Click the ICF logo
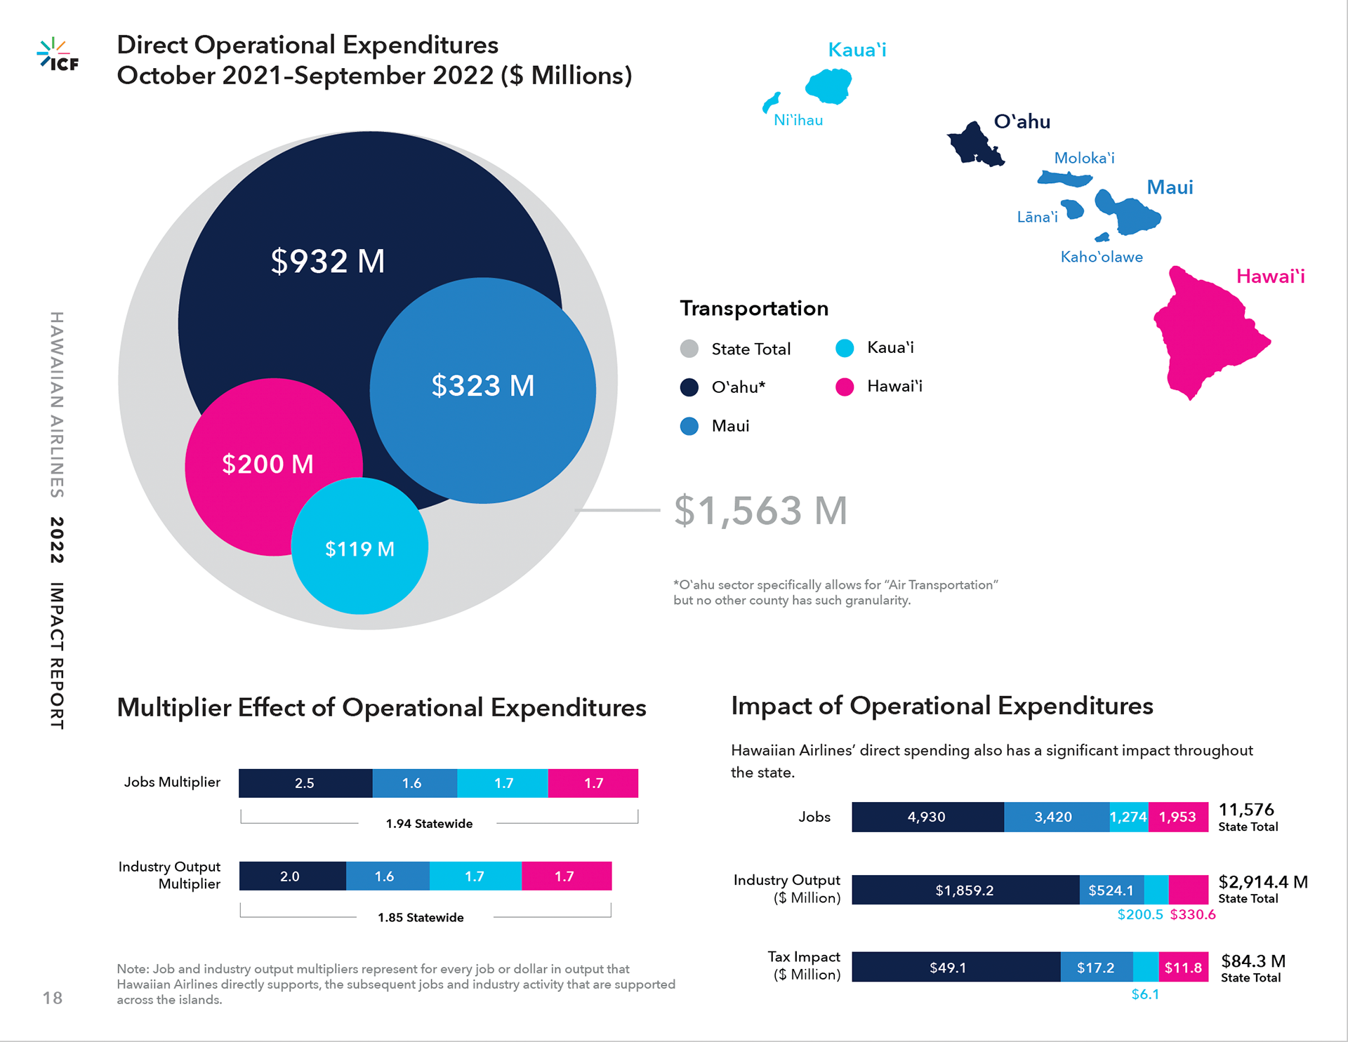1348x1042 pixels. pyautogui.click(x=58, y=55)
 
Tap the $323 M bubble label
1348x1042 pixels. pyautogui.click(x=483, y=386)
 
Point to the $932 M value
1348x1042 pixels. pyautogui.click(x=328, y=261)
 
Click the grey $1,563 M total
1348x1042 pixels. pyautogui.click(x=760, y=510)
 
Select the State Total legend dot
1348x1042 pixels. pyautogui.click(x=689, y=349)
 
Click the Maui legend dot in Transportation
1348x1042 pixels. pyautogui.click(x=689, y=426)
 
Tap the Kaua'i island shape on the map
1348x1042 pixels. pyautogui.click(x=829, y=86)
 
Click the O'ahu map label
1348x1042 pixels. pyautogui.click(x=1022, y=121)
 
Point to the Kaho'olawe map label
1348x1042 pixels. pyautogui.click(x=1101, y=257)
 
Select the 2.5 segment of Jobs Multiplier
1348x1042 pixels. pyautogui.click(x=305, y=783)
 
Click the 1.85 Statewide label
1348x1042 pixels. pyautogui.click(x=421, y=917)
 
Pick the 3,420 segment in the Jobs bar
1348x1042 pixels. pyautogui.click(x=1053, y=817)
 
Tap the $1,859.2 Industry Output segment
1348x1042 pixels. pyautogui.click(x=965, y=890)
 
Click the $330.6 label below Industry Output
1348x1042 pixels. pyautogui.click(x=1193, y=914)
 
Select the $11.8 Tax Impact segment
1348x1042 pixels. pyautogui.click(x=1183, y=968)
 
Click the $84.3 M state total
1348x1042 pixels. pyautogui.click(x=1253, y=961)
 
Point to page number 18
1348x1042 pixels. pyautogui.click(x=53, y=998)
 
